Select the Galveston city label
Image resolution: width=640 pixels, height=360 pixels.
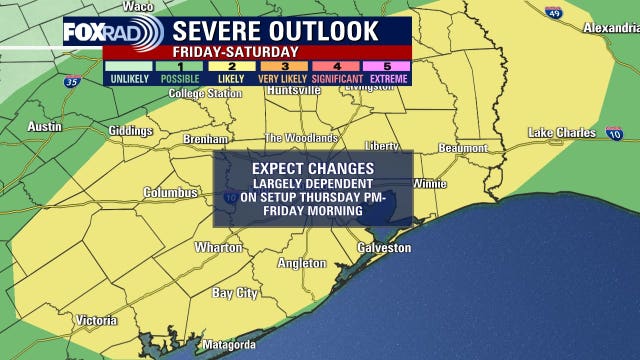click(384, 248)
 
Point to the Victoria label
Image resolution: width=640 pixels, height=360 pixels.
click(96, 321)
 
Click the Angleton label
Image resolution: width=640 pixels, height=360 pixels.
click(301, 263)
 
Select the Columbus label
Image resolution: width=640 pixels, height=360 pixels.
click(166, 192)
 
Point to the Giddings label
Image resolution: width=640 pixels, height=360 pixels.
click(130, 131)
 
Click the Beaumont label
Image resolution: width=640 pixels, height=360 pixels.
click(463, 148)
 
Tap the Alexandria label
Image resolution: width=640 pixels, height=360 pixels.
click(610, 27)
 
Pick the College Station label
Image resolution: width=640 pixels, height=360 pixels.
click(205, 94)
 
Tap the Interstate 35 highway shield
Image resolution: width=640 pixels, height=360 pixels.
click(70, 81)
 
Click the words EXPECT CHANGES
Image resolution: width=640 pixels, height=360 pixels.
click(313, 168)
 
